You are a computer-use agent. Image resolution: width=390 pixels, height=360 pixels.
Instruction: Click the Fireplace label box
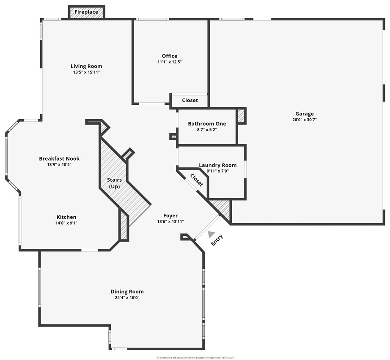pyautogui.click(x=86, y=12)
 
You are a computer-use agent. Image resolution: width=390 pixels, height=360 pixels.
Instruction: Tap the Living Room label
pyautogui.click(x=86, y=66)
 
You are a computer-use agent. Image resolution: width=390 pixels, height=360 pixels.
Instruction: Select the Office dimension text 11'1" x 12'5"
pyautogui.click(x=170, y=62)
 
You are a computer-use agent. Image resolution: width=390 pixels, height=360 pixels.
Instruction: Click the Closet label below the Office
pyautogui.click(x=190, y=101)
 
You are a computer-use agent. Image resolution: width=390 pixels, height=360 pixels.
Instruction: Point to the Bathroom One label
pyautogui.click(x=207, y=124)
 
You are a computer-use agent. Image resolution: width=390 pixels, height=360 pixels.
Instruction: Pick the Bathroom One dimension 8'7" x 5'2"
pyautogui.click(x=207, y=129)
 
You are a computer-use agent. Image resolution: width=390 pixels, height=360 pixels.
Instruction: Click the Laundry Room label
pyautogui.click(x=218, y=165)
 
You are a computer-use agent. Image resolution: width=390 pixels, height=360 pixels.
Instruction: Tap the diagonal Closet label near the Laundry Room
pyautogui.click(x=197, y=180)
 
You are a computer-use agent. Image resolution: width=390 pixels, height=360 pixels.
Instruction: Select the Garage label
pyautogui.click(x=305, y=114)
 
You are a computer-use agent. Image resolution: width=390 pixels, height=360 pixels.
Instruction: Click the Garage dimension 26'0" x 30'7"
pyautogui.click(x=305, y=120)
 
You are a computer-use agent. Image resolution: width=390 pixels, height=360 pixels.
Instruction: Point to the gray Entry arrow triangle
pyautogui.click(x=211, y=234)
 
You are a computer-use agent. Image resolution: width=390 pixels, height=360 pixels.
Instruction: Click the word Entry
pyautogui.click(x=217, y=240)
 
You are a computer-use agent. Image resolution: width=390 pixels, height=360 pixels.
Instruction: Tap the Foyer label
pyautogui.click(x=170, y=215)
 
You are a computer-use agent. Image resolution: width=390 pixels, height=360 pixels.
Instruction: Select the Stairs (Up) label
pyautogui.click(x=114, y=183)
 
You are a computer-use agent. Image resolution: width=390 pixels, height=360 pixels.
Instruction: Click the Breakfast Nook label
pyautogui.click(x=59, y=158)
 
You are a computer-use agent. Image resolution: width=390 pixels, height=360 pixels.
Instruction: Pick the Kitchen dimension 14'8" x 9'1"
pyautogui.click(x=66, y=223)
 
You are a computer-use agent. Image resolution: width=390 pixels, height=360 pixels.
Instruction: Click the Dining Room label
pyautogui.click(x=127, y=292)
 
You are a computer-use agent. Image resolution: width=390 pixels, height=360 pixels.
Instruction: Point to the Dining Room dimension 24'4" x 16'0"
pyautogui.click(x=127, y=297)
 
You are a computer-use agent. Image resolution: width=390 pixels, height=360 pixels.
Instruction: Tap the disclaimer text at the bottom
pyautogui.click(x=195, y=357)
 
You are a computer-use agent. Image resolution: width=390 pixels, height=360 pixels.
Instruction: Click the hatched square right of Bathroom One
pyautogui.click(x=241, y=116)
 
